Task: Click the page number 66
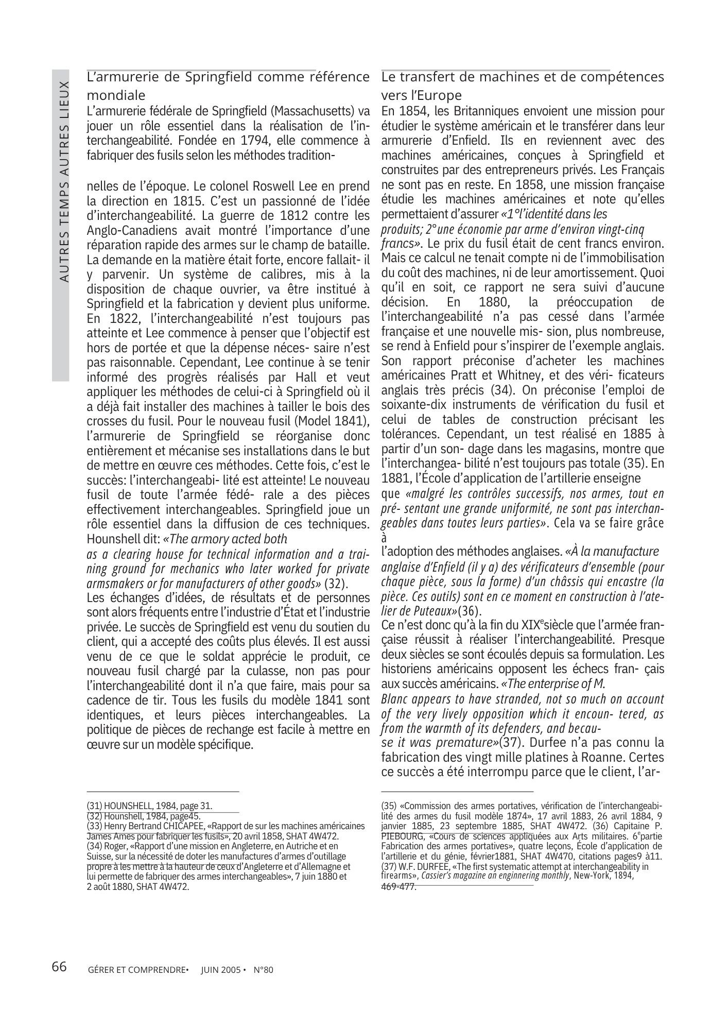pos(59,967)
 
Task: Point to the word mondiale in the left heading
pos(116,95)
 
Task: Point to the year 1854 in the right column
pos(416,111)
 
